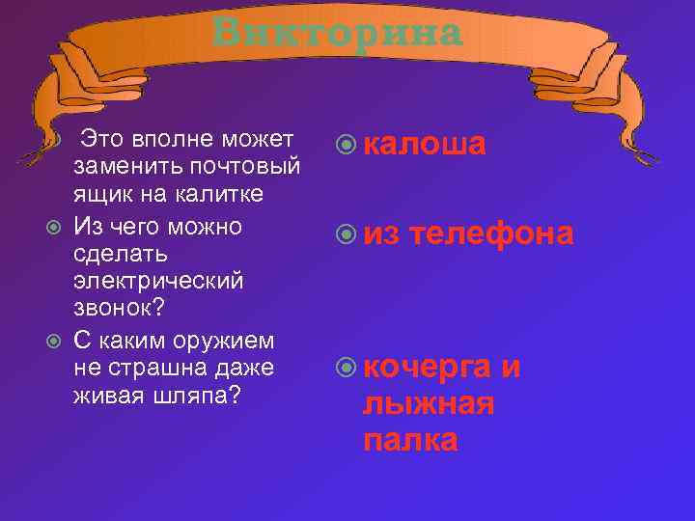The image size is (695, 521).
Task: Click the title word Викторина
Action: coord(338,33)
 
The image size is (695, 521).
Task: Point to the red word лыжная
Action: coord(429,404)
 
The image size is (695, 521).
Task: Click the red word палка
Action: coord(410,441)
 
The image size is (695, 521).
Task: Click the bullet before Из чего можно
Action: coord(55,228)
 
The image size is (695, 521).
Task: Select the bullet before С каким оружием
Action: coord(55,341)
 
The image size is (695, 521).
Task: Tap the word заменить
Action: coord(115,167)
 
